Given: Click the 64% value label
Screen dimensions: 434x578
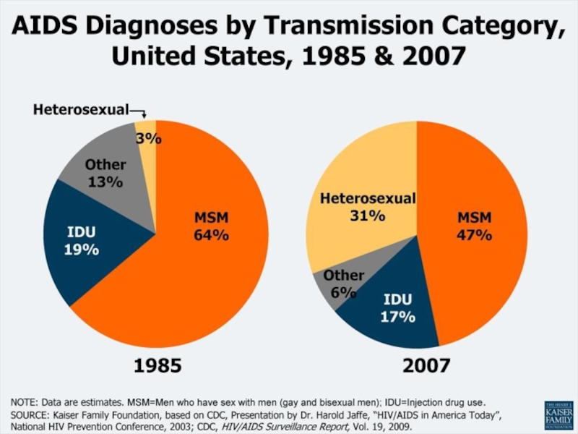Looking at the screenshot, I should [x=211, y=235].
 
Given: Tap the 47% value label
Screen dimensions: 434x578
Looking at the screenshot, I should [x=474, y=235].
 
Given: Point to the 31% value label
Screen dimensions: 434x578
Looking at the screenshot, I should [x=367, y=216].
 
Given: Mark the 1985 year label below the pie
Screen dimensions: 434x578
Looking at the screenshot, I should [x=158, y=366].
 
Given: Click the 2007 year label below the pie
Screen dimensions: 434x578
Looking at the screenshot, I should [x=426, y=366].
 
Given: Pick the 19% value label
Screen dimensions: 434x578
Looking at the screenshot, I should [x=83, y=250].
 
